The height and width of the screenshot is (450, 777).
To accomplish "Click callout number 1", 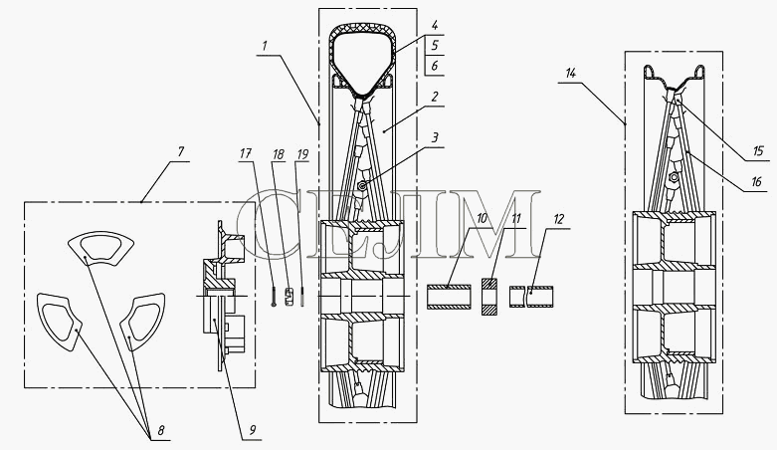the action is pos(265,46).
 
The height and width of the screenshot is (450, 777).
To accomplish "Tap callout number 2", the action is pos(434,97).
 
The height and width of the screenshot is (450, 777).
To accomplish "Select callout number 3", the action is pos(435,137).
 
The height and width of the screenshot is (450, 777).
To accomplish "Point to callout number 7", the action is pos(180,150).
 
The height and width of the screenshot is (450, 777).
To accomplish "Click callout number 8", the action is pos(161,430).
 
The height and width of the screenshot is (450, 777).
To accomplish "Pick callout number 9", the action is pos(253,430).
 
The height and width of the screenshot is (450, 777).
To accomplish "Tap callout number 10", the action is pos(483,218).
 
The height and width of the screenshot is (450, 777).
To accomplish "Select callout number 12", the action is pos(558,219).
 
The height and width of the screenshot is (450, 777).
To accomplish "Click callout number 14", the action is pos(570,74).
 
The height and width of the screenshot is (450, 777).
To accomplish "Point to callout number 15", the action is pos(758,150).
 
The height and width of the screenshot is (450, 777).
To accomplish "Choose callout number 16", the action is pos(756,182).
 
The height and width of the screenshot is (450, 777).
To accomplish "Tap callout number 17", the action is pos(246,153).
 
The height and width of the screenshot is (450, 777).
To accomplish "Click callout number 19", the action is pos(302,154).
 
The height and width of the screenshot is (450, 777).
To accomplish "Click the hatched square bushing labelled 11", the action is pos(489,297).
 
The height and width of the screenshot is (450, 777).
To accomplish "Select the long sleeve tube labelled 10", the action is pos(450,297).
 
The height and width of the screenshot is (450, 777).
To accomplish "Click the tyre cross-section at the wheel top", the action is pos(363,60).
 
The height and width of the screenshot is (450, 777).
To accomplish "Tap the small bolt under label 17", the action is pos(273,298).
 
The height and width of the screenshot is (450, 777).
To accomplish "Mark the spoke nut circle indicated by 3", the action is pos(363,186).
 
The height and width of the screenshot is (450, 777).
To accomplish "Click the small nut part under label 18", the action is pos(288,297).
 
